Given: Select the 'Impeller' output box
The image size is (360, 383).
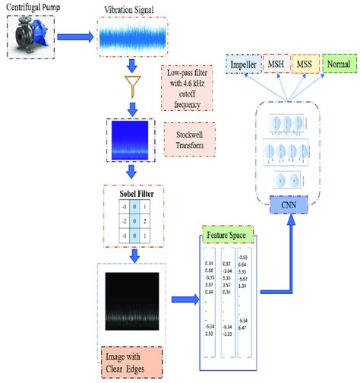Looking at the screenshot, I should click(243, 67).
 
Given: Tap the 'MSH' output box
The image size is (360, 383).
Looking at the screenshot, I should click(274, 67).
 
